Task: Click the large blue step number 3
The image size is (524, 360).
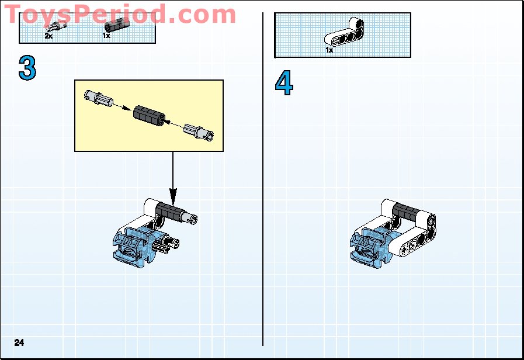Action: pos(27,68)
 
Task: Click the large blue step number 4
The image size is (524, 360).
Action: pos(284,84)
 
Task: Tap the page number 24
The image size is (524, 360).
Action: pos(19,342)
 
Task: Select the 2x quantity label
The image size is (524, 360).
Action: pos(48,36)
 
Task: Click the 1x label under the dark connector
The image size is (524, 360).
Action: pos(106,36)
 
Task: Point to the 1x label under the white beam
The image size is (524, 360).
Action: pos(329,50)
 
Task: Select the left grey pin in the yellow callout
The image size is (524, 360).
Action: pos(97,98)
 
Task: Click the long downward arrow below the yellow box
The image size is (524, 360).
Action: pos(173,175)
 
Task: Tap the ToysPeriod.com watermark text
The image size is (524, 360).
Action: pos(120,14)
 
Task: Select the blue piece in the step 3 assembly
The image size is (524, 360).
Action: pos(131,245)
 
